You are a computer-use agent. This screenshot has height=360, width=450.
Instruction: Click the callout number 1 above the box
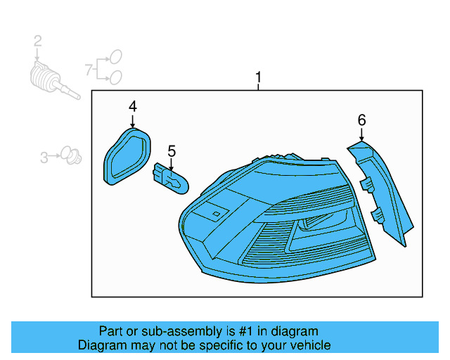(258, 77)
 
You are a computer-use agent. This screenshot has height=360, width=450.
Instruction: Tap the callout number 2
(38, 43)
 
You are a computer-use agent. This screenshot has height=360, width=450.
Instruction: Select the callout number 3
(44, 157)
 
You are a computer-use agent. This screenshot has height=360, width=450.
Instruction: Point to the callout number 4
(132, 106)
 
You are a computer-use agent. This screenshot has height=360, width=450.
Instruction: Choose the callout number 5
(171, 150)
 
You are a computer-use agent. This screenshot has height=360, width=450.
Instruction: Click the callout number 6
(361, 120)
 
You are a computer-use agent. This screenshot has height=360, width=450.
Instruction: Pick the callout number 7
(89, 69)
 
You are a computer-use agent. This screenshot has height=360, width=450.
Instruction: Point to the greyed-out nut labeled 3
(68, 153)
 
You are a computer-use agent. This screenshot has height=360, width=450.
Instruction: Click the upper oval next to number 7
(117, 56)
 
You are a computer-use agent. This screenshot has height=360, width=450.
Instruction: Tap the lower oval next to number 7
(116, 77)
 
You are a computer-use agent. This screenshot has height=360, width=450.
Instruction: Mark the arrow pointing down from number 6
(361, 134)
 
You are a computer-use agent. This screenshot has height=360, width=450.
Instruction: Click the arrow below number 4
(132, 120)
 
